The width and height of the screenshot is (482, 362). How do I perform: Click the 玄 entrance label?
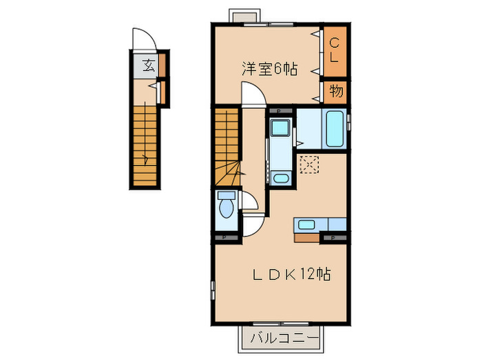point(147,66)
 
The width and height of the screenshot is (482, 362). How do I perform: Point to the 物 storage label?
point(335,91)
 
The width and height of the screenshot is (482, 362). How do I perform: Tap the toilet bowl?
point(225,210)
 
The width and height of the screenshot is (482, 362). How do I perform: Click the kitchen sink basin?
point(306,224)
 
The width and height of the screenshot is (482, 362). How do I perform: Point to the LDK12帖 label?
point(290,274)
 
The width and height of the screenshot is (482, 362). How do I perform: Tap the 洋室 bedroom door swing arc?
point(252,95)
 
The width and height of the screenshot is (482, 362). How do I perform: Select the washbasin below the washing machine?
point(281,179)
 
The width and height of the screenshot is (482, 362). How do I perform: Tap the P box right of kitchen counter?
point(334,238)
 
